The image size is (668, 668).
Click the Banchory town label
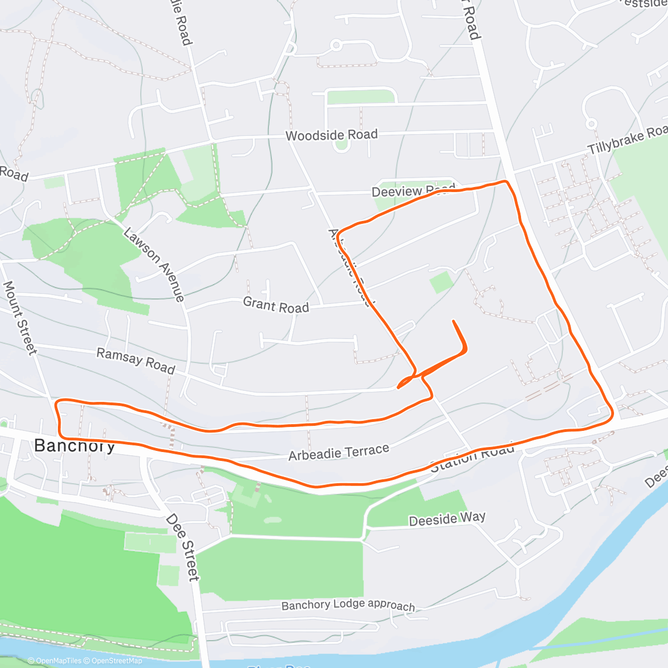point(75,445)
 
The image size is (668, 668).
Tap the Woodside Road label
point(331,135)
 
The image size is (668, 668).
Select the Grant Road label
point(276,305)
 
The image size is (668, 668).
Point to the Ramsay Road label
point(136,361)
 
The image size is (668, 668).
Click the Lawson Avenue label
point(154,264)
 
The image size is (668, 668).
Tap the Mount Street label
point(20,317)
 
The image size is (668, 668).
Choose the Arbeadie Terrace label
point(338,453)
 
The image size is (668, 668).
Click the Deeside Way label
point(447,519)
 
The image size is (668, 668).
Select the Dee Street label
point(183,548)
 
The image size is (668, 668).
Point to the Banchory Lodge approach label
point(348,606)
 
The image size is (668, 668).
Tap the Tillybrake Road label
point(628,140)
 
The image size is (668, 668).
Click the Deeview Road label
point(412,191)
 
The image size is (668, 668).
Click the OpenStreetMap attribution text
point(116,661)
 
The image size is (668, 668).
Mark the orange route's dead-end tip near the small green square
point(454,321)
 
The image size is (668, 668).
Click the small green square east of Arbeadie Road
point(441,282)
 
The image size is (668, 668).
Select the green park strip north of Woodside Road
point(361,97)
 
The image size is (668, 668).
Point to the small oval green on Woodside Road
point(341,145)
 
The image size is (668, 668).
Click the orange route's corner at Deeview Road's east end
point(506,181)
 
